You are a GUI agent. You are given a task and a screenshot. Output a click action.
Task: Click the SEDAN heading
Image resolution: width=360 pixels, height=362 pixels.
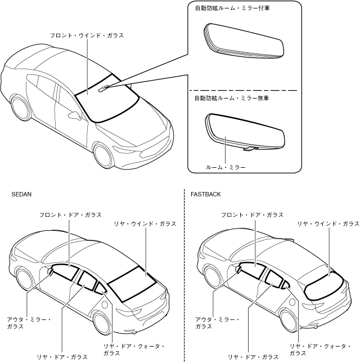click(21, 194)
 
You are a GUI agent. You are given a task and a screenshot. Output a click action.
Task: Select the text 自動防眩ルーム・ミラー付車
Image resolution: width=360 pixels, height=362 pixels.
click(228, 8)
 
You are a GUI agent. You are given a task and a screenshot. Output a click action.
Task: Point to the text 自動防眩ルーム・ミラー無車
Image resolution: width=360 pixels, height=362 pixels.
click(228, 98)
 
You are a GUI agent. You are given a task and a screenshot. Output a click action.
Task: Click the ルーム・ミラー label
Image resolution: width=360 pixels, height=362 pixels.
click(226, 167)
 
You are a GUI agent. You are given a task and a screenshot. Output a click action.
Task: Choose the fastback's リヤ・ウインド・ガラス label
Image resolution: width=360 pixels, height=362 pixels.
click(328, 224)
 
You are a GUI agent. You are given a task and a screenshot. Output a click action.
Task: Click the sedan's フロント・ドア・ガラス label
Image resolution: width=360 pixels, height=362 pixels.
click(70, 215)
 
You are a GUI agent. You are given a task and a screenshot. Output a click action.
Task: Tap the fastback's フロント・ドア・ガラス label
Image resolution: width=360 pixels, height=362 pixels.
click(252, 215)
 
